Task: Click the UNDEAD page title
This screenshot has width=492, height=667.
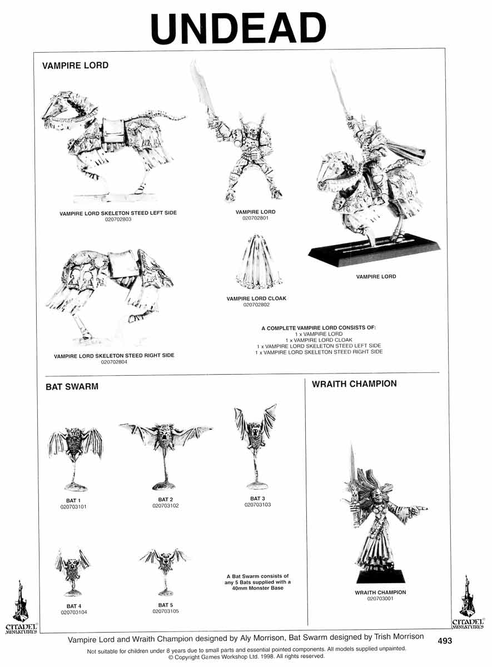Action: coord(238,29)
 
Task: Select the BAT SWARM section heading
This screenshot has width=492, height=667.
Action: coord(72,386)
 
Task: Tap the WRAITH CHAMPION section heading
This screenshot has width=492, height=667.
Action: coord(354,384)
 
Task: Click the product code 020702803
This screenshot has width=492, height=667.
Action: coord(118,220)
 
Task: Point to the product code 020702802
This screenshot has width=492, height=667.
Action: coord(256,305)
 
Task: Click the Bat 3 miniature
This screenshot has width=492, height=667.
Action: coord(256,447)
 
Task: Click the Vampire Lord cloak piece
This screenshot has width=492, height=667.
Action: coord(258,262)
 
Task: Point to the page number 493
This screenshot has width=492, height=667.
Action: coord(445,640)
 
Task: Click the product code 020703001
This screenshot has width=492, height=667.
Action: coord(380,599)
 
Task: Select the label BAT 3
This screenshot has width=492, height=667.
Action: coord(257,498)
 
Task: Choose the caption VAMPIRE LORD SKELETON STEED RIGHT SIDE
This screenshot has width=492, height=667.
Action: coord(114,356)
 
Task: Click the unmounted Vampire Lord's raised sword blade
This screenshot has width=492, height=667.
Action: coord(202,89)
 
